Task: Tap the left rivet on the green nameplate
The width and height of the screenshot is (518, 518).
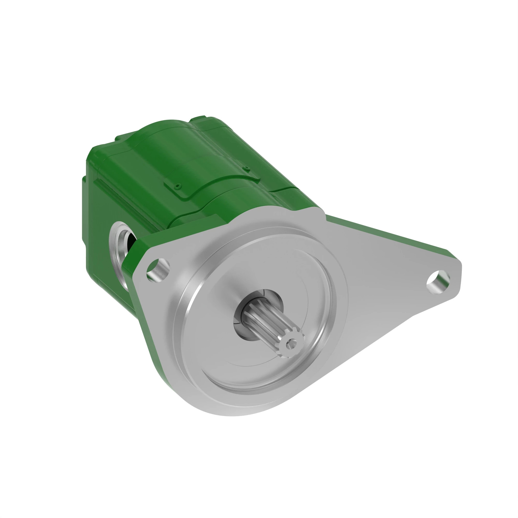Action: click(x=177, y=185)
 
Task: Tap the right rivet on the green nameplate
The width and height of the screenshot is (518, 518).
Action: click(x=246, y=168)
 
